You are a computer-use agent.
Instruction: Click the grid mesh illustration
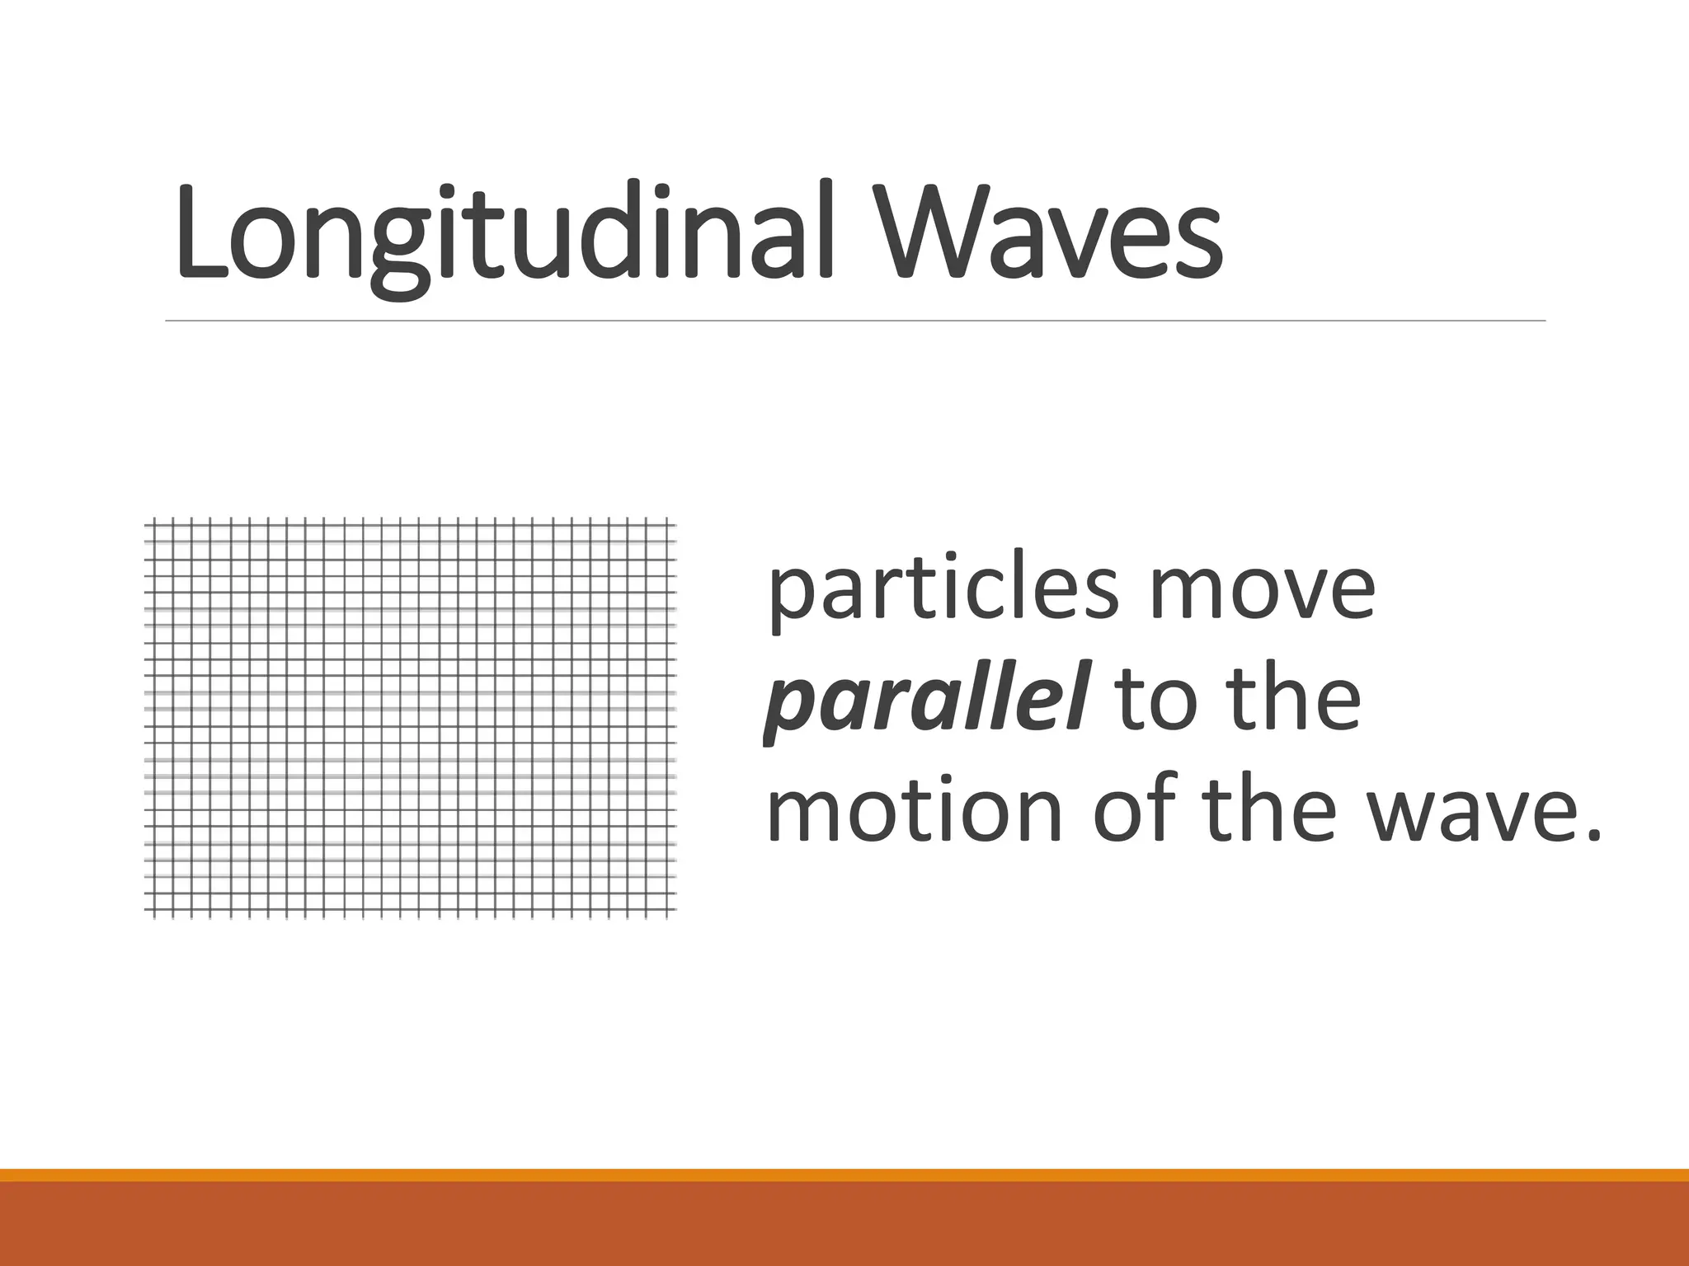[x=411, y=717]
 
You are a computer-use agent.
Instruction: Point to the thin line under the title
[x=854, y=320]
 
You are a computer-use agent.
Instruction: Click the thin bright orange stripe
[x=844, y=1175]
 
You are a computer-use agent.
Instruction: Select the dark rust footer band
[x=844, y=1224]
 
